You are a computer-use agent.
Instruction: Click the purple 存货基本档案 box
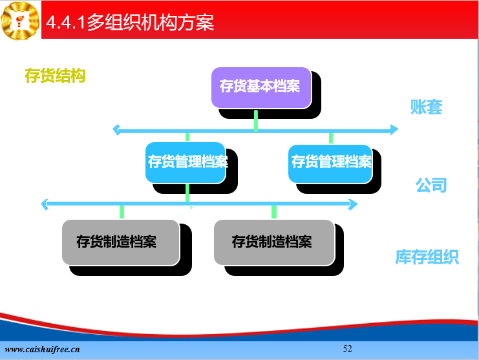[x=262, y=88]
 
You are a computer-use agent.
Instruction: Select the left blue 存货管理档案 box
[x=186, y=163]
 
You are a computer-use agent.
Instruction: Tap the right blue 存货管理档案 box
[x=330, y=164]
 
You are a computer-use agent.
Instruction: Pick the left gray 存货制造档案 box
[x=121, y=242]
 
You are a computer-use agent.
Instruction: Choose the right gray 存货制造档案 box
[x=274, y=242]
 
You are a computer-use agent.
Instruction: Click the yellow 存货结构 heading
[x=55, y=76]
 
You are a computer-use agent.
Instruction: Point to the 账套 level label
[x=426, y=107]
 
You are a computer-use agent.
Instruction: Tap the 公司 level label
[x=431, y=185]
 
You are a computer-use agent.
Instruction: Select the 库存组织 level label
[x=427, y=257]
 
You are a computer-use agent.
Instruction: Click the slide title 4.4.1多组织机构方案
[x=130, y=22]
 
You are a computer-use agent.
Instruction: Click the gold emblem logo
[x=20, y=21]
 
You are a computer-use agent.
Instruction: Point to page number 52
[x=347, y=348]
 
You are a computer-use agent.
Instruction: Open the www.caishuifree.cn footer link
[x=42, y=349]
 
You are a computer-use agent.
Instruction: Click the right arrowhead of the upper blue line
[x=394, y=129]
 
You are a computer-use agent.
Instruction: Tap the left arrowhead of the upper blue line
[x=116, y=130]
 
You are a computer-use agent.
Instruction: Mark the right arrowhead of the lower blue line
[x=354, y=205]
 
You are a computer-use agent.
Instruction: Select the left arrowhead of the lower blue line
[x=45, y=205]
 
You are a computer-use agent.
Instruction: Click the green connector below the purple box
[x=256, y=121]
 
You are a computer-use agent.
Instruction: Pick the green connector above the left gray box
[x=122, y=212]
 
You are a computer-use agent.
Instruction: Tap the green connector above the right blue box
[x=331, y=138]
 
